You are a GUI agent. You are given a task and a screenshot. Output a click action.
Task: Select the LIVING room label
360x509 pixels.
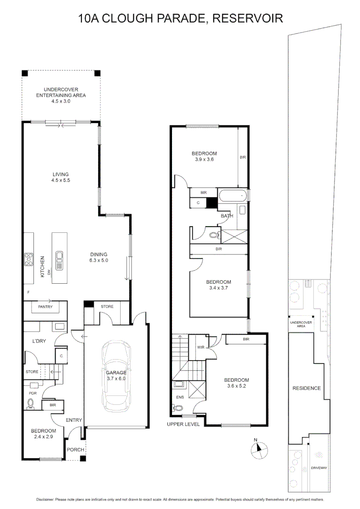click(61, 174)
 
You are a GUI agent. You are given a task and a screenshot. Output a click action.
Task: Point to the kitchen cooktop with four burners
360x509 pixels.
click(29, 259)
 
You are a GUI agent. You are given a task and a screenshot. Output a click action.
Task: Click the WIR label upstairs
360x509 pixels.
click(200, 348)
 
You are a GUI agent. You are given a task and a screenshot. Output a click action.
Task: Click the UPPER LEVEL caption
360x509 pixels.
click(183, 424)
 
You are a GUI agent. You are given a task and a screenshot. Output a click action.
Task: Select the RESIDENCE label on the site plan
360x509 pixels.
click(307, 388)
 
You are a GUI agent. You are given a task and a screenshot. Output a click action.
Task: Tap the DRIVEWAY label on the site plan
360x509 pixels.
click(319, 468)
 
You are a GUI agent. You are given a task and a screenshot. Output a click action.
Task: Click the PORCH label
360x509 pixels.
click(75, 450)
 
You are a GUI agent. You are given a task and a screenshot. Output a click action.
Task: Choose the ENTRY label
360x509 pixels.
click(74, 420)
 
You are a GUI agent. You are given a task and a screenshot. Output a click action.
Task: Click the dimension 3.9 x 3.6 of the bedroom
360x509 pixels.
click(204, 159)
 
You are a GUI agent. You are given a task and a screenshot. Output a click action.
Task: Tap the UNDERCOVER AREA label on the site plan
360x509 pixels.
click(301, 324)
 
